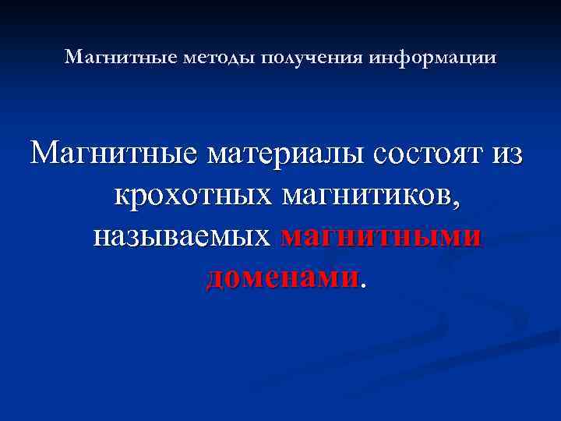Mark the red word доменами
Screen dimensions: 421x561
coord(283,277)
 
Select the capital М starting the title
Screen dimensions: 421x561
coord(72,58)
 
